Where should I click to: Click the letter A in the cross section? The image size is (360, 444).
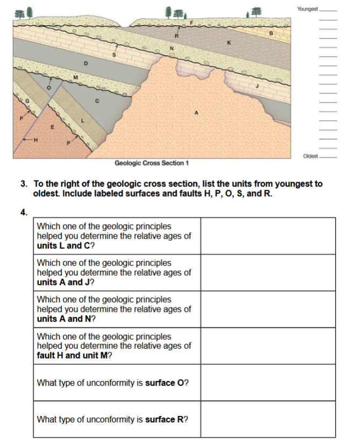point(197,112)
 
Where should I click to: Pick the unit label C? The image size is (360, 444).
point(97,100)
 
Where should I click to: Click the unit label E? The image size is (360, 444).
point(52,127)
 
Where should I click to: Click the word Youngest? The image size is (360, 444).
point(307,10)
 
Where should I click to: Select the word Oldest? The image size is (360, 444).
point(310,156)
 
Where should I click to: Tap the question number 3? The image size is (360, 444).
point(24,184)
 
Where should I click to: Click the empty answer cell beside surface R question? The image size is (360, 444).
point(268,419)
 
